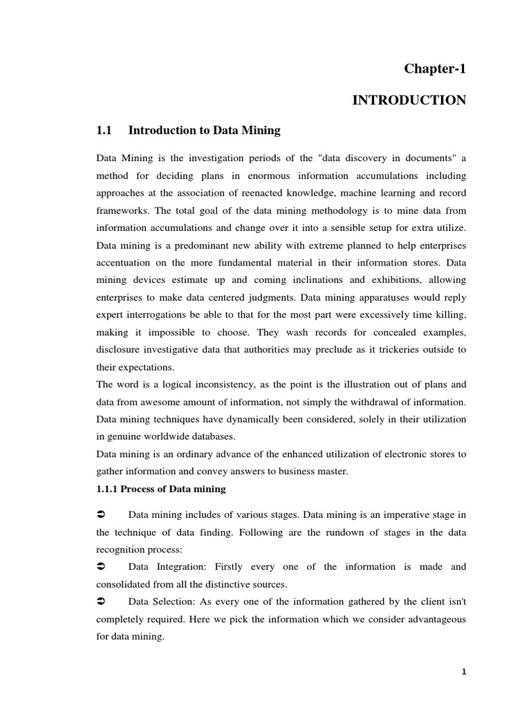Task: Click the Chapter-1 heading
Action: point(435,69)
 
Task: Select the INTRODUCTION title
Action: point(409,101)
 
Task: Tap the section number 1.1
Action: point(104,130)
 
